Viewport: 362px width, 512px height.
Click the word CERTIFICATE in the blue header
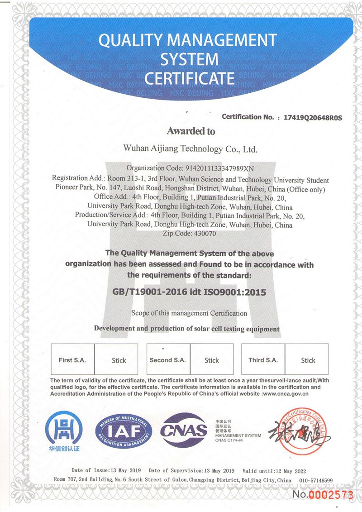click(x=189, y=78)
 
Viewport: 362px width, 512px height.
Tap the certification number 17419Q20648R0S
click(x=313, y=117)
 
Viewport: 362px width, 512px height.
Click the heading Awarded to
click(x=191, y=131)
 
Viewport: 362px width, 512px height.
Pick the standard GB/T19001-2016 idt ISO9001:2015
click(x=189, y=292)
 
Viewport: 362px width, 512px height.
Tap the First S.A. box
click(x=72, y=360)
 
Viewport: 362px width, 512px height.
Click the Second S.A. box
click(x=168, y=360)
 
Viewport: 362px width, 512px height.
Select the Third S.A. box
click(x=263, y=360)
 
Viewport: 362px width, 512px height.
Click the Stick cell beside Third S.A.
click(x=308, y=360)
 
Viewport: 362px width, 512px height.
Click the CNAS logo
click(x=184, y=430)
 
